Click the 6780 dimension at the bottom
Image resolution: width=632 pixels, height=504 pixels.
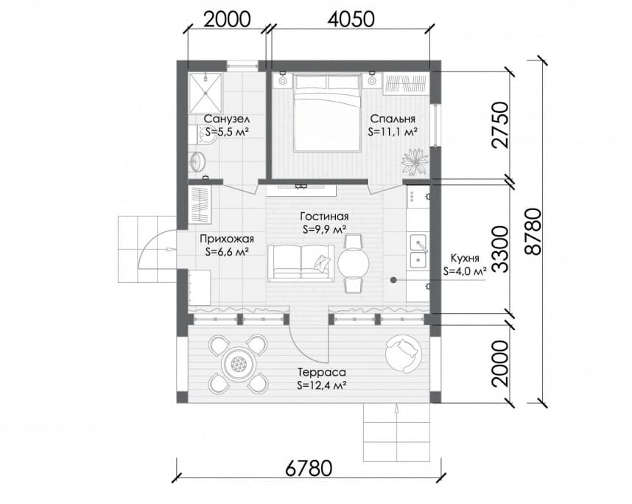coord(309,468)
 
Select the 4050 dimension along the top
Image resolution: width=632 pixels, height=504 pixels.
coord(351,19)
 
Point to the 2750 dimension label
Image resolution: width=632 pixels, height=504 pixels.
coord(500,125)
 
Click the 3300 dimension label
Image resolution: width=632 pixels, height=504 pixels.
coord(500,250)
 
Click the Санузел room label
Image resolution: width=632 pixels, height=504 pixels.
coord(227,119)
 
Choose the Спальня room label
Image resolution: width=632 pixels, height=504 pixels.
coord(392,119)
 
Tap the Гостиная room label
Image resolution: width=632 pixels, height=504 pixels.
coord(324,217)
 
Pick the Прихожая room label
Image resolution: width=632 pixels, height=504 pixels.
coord(227,239)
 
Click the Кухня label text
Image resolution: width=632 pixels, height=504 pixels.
coord(465,258)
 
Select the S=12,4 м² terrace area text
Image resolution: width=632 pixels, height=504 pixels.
coord(322,385)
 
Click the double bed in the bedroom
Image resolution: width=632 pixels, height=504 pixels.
coord(327,113)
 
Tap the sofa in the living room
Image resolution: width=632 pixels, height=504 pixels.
coord(301,262)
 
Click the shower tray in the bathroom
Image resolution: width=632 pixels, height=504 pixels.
coord(206,92)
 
